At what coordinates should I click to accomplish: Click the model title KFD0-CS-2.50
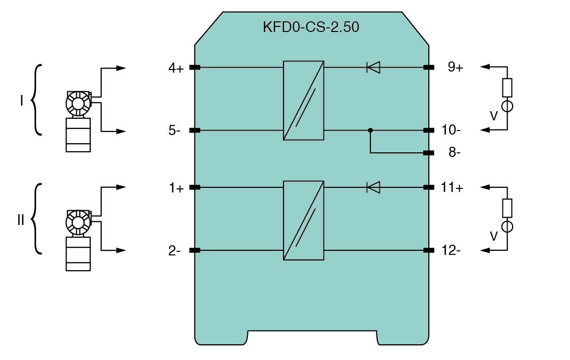(x=311, y=27)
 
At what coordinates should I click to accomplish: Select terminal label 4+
(x=176, y=68)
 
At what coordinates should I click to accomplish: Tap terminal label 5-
(x=175, y=130)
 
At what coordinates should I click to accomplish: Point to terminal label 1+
(x=176, y=188)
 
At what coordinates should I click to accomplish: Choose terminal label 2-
(x=175, y=250)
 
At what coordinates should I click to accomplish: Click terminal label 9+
(x=455, y=68)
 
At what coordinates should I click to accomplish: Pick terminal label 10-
(x=451, y=130)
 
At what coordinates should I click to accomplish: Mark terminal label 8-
(x=454, y=153)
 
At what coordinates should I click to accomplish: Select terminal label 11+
(x=452, y=188)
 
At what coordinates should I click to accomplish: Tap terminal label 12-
(x=451, y=250)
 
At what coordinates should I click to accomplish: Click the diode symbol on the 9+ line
(x=373, y=67)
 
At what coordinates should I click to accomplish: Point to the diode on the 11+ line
(x=373, y=187)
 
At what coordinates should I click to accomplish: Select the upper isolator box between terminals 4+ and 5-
(x=304, y=100)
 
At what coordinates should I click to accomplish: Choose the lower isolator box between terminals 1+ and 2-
(x=304, y=220)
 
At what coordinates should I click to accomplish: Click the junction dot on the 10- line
(x=370, y=130)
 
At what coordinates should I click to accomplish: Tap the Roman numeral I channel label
(x=21, y=101)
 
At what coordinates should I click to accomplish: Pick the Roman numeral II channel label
(x=21, y=220)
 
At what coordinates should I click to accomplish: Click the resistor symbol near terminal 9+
(x=507, y=87)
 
